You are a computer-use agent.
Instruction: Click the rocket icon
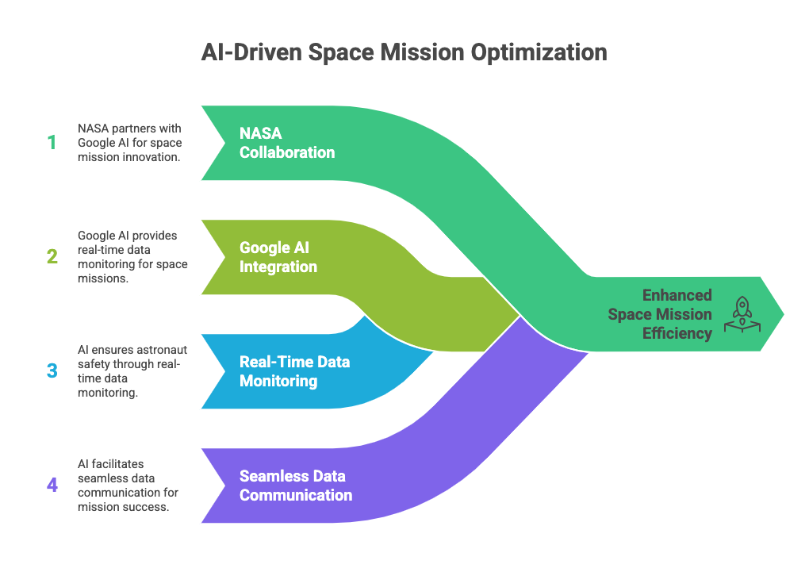(742, 314)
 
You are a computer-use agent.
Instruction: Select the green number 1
(52, 143)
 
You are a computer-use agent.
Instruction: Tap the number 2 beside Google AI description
(52, 256)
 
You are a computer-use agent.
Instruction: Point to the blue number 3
(52, 370)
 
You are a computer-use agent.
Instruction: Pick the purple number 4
(52, 485)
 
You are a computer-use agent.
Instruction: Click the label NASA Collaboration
(287, 143)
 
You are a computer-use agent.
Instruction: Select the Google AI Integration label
(278, 257)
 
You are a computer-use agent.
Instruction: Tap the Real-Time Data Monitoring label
(294, 371)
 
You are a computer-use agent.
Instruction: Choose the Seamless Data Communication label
(296, 486)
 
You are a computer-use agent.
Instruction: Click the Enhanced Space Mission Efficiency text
(660, 314)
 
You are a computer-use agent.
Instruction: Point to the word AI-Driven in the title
(251, 52)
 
